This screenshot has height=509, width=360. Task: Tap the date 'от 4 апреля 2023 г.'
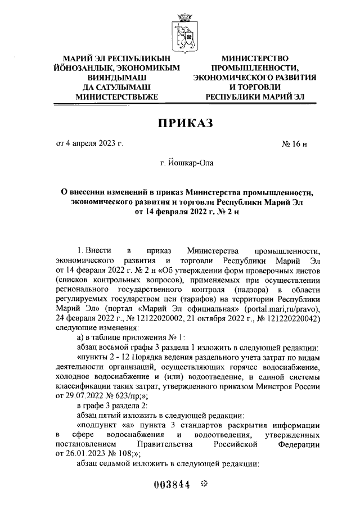(x=89, y=143)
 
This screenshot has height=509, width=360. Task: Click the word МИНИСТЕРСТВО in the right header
(x=255, y=58)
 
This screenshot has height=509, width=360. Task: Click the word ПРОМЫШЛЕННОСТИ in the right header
(x=255, y=67)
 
